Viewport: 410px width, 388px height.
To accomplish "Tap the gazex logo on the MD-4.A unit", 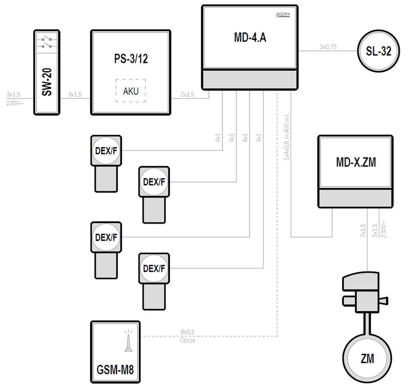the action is [283, 14].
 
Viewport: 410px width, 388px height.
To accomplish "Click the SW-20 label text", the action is [47, 82].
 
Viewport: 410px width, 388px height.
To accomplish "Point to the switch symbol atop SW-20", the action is [47, 43].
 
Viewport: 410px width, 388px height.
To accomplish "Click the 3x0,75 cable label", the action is [328, 47].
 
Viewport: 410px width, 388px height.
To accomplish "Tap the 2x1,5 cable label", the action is [187, 94].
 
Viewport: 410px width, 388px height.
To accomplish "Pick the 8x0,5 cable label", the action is [187, 332].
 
